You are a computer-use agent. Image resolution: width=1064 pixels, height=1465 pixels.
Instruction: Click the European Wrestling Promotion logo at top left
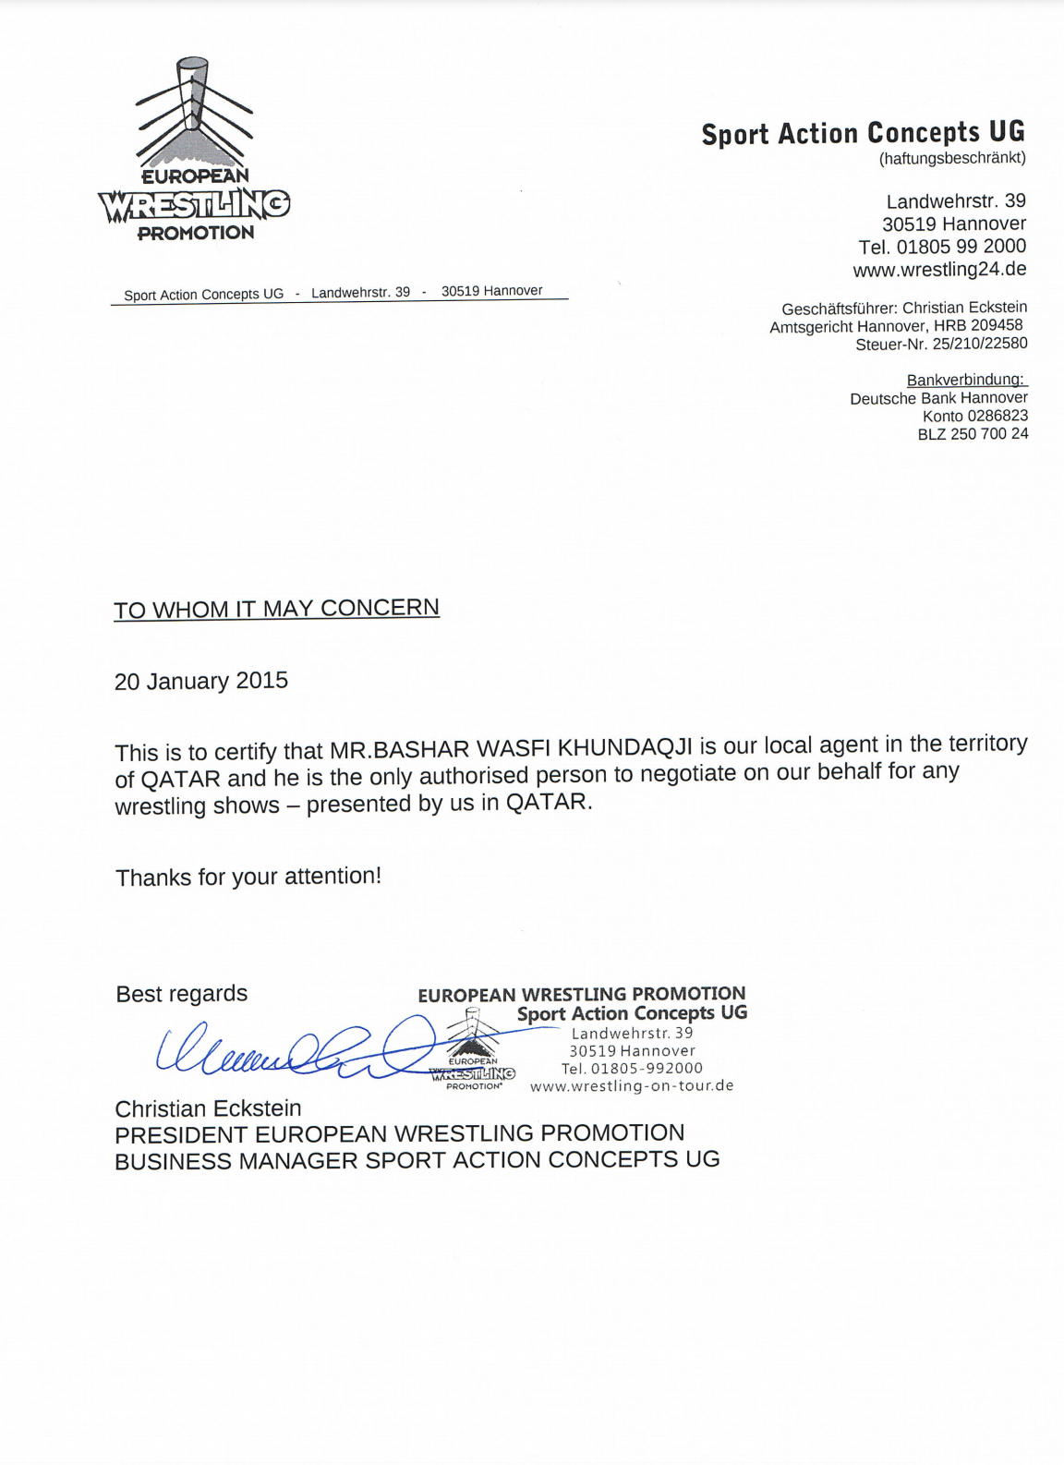[194, 152]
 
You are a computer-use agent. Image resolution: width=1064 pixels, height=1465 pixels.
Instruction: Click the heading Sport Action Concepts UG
[863, 133]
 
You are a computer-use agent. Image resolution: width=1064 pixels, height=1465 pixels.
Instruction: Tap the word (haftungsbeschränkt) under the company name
[952, 158]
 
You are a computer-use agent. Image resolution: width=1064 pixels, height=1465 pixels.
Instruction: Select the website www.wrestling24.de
[939, 270]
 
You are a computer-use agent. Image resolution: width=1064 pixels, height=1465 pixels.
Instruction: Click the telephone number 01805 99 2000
[961, 247]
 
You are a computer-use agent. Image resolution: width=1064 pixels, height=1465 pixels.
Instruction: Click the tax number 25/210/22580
[980, 344]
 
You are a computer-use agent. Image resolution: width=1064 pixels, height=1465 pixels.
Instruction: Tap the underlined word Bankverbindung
[965, 380]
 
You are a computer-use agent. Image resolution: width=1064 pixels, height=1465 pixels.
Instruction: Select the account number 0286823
[997, 416]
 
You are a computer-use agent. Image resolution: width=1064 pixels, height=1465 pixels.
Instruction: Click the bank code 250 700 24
[989, 434]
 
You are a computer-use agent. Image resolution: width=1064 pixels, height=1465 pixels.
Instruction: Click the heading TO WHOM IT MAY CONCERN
[276, 609]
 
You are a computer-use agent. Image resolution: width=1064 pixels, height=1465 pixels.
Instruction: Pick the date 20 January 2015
[201, 682]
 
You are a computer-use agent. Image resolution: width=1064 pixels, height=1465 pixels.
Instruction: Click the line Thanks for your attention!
[248, 877]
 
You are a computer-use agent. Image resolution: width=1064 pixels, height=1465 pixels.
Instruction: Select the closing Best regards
[182, 994]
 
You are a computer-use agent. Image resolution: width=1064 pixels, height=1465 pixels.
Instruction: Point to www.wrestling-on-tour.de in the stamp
[632, 1086]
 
